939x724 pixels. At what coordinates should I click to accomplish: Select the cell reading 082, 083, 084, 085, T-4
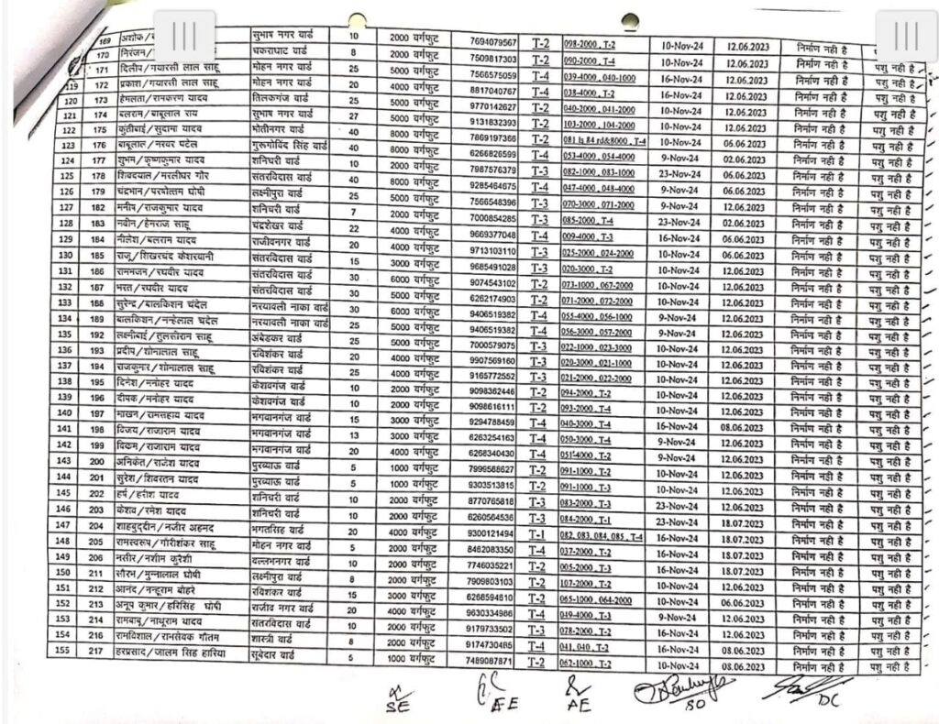[x=602, y=533]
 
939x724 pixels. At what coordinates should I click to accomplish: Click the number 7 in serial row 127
[x=353, y=213]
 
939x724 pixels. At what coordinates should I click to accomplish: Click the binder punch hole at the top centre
[x=629, y=19]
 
